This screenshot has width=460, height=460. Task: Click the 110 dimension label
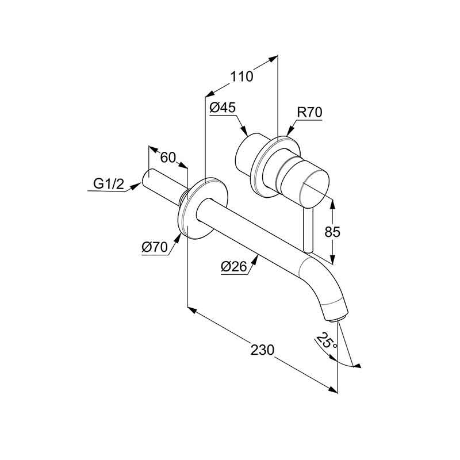[241, 76]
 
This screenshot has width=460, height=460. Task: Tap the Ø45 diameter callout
[223, 108]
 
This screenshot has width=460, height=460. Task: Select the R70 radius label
[309, 112]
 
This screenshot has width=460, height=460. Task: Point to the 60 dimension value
[168, 158]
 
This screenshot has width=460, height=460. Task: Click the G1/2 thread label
[109, 184]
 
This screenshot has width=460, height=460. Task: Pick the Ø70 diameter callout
[155, 247]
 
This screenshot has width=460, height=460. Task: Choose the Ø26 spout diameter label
[234, 267]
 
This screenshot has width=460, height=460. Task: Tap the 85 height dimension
[332, 232]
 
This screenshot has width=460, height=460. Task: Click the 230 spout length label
[262, 350]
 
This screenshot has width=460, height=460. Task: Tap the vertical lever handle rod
[309, 231]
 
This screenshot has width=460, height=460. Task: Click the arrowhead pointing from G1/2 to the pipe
[136, 186]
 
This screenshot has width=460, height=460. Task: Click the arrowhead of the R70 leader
[290, 131]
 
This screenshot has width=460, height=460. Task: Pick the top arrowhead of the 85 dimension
[332, 205]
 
